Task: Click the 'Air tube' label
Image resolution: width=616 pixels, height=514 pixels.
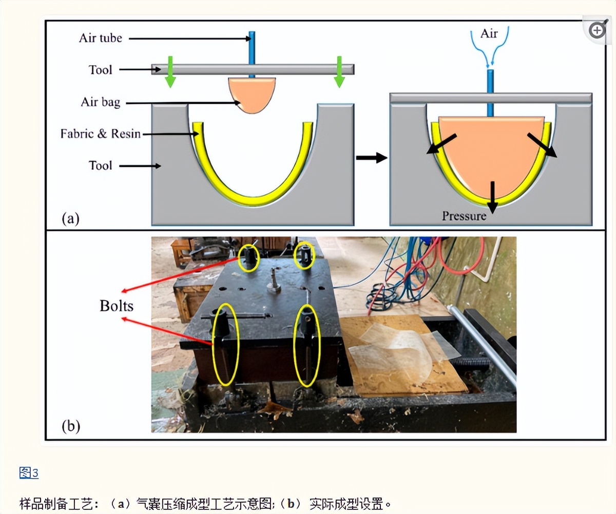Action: [x=100, y=38]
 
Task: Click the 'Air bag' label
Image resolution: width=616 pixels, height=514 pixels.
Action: [x=100, y=102]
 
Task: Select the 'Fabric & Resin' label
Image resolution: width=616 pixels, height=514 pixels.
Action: [x=100, y=134]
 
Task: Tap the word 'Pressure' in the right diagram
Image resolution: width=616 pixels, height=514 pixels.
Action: [x=464, y=216]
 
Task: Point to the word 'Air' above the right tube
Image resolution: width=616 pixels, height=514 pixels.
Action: [x=489, y=34]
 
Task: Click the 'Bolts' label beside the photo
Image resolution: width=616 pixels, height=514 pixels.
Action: [x=117, y=306]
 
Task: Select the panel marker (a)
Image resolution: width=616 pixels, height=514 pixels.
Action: [x=71, y=219]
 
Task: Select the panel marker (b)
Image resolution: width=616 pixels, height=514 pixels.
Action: [x=71, y=426]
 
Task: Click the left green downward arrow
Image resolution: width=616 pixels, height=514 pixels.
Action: [x=170, y=71]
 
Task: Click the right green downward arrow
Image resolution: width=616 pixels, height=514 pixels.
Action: [x=339, y=71]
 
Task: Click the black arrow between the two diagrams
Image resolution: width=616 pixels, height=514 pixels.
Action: [x=371, y=158]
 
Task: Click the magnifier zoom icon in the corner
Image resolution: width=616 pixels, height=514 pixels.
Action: [x=598, y=30]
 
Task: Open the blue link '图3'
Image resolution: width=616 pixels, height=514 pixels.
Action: [x=29, y=472]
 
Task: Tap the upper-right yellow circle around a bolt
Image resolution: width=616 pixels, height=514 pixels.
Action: [x=304, y=255]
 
